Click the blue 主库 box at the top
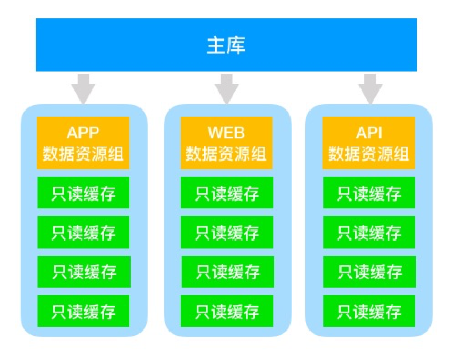tap(226, 45)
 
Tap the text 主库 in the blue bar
tap(226, 45)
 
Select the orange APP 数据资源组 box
tap(83, 143)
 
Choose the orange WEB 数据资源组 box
tap(226, 143)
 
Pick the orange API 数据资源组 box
tap(368, 143)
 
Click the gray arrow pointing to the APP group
tap(83, 88)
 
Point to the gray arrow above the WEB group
tap(227, 88)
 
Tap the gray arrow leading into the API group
tap(371, 88)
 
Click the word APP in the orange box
tap(83, 132)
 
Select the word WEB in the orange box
tap(226, 132)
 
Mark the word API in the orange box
tap(368, 132)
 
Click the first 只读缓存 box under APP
tap(83, 193)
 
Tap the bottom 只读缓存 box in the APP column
tap(83, 311)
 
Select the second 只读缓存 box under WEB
tap(227, 232)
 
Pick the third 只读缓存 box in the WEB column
tap(227, 272)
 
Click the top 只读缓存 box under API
tap(369, 193)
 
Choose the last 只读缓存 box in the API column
tap(369, 311)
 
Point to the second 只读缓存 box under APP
tap(83, 232)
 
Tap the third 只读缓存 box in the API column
tap(369, 272)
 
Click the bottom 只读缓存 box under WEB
tap(227, 311)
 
